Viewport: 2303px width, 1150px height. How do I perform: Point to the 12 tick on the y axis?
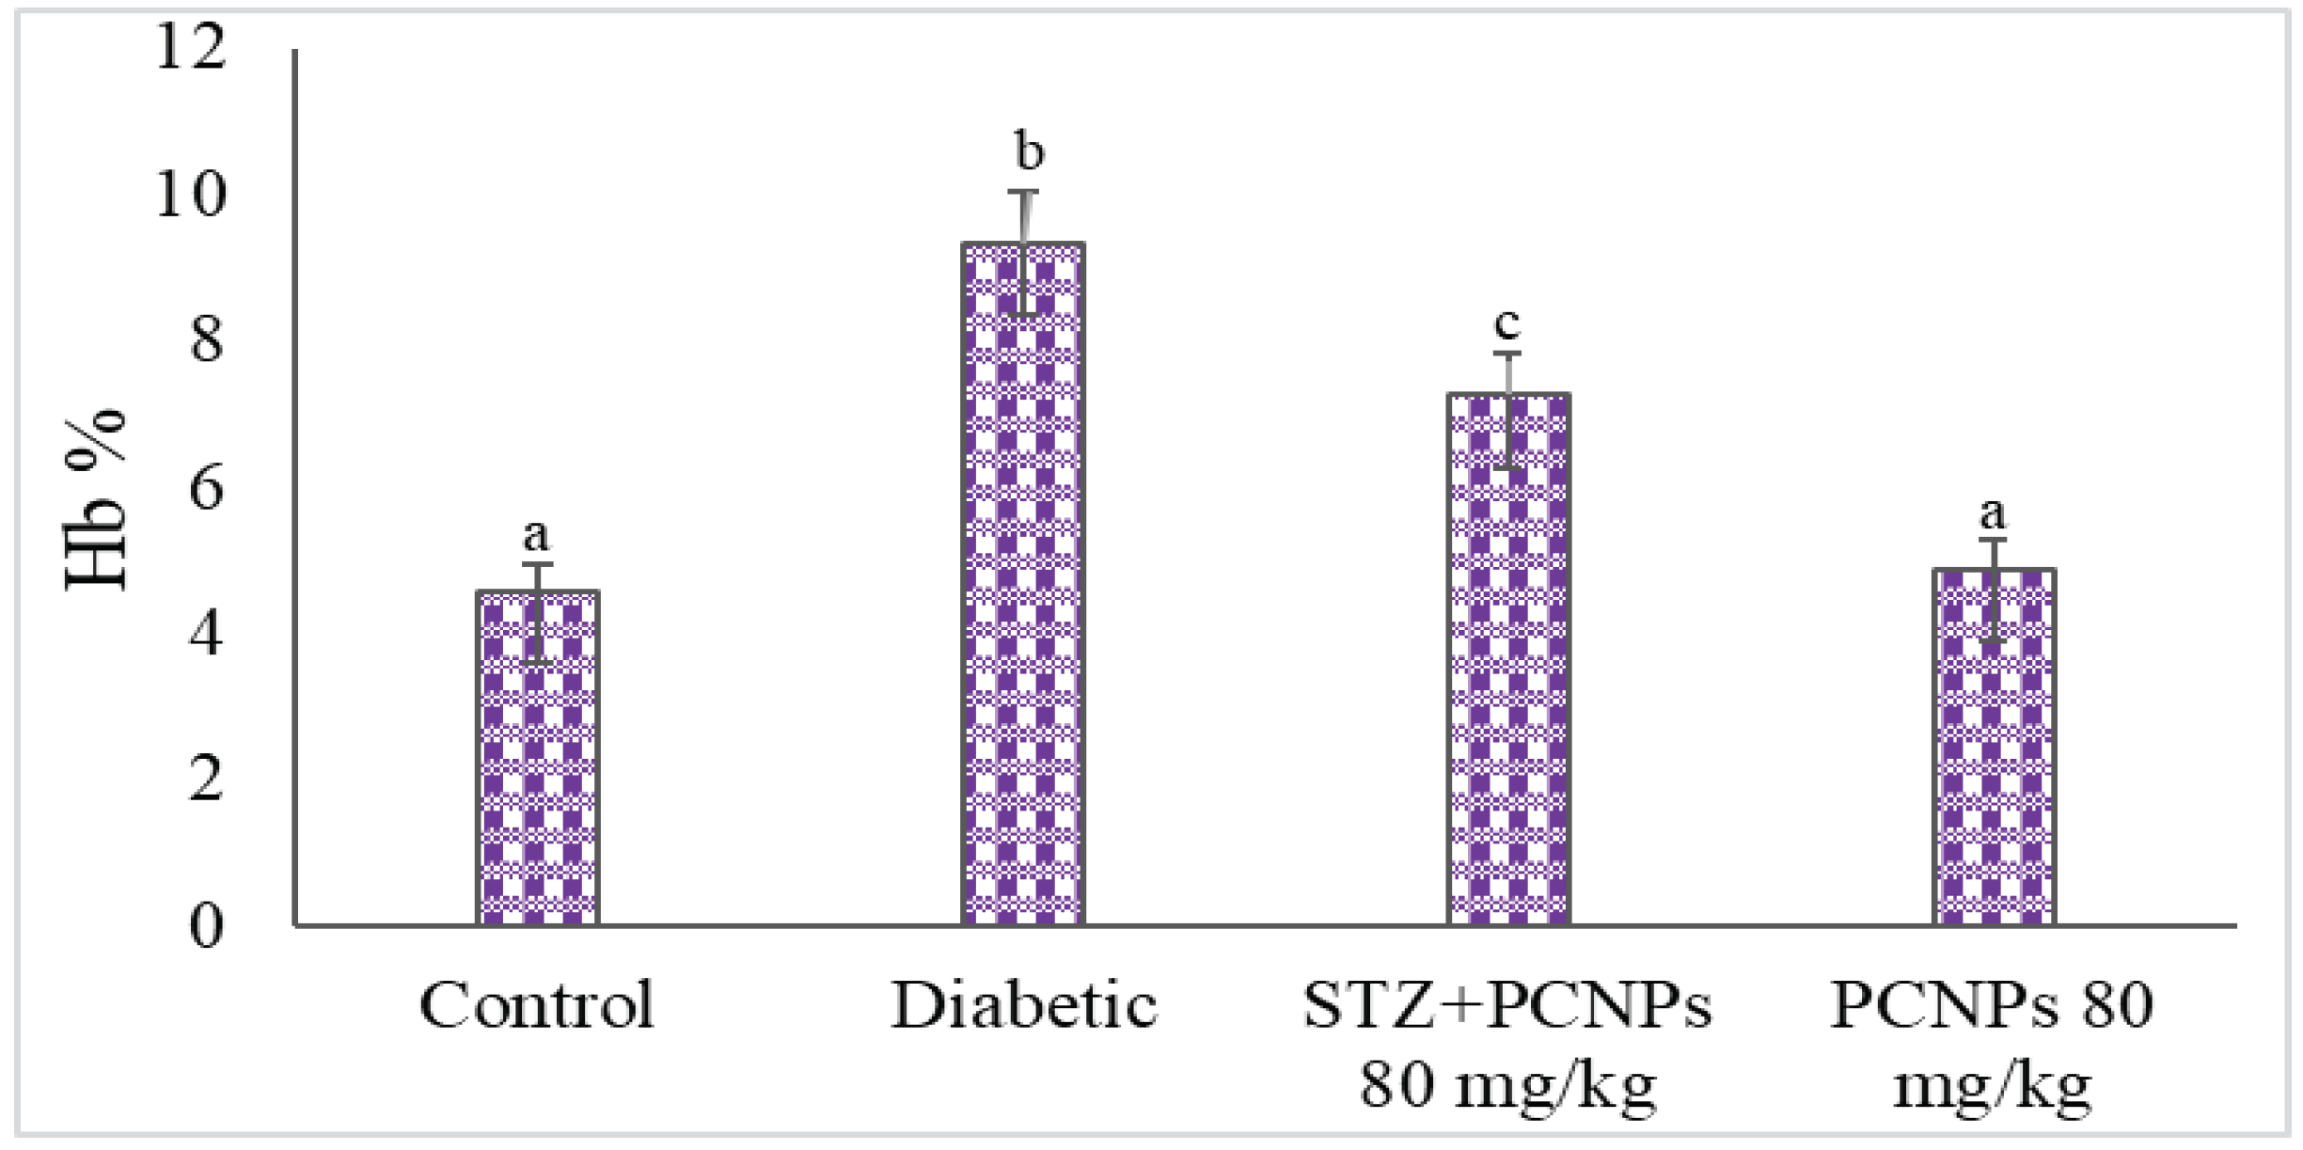(191, 47)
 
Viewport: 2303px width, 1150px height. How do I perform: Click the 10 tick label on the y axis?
(191, 196)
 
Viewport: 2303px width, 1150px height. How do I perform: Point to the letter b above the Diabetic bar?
(1029, 152)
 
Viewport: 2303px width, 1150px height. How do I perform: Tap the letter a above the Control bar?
(536, 536)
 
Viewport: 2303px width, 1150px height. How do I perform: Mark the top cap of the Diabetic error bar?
(1023, 192)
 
